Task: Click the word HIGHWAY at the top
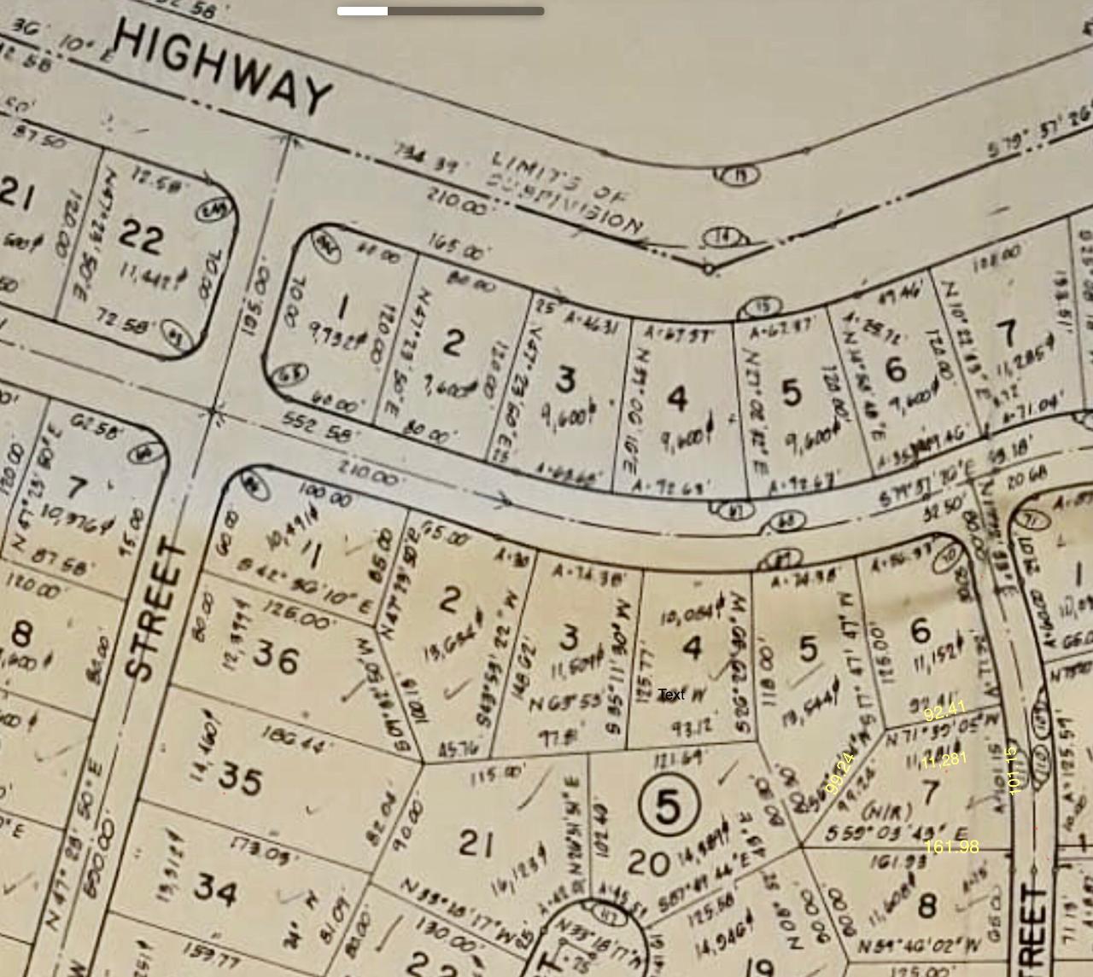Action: click(222, 68)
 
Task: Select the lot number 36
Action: click(276, 659)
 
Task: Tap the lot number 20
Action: click(647, 863)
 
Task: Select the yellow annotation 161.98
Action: click(951, 846)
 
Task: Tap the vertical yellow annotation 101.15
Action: click(1014, 771)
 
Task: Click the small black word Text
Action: click(671, 695)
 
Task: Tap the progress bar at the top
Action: click(441, 11)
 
